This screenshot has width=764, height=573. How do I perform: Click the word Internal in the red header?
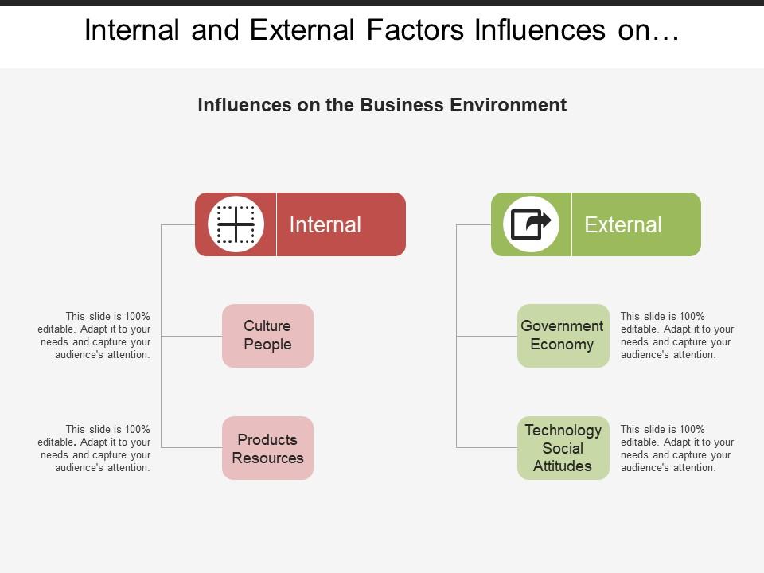point(325,225)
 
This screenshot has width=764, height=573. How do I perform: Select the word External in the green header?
point(622,225)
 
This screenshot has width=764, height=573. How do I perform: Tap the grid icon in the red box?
point(236,224)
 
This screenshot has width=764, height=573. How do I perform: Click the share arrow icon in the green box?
point(531,224)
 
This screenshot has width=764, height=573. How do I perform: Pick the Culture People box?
point(267,336)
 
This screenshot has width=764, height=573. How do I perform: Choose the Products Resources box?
point(267,448)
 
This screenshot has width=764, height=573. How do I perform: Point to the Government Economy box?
point(563,336)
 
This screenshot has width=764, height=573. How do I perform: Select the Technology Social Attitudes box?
point(563,448)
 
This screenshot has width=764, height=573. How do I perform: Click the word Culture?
point(267,326)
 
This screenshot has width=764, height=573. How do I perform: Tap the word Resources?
point(267,458)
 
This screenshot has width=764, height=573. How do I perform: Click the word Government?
point(562,326)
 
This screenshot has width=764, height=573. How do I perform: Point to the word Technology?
point(563,431)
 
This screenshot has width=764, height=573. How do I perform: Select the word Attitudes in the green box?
point(562,466)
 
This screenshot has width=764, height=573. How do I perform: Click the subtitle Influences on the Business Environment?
point(382,105)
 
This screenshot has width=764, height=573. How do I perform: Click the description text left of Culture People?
point(94,336)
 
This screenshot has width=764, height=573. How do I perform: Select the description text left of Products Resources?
point(94,449)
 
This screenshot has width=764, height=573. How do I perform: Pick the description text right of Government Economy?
point(677,336)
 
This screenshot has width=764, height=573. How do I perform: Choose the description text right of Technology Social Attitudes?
point(677,449)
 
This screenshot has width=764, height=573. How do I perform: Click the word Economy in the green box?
point(562,345)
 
